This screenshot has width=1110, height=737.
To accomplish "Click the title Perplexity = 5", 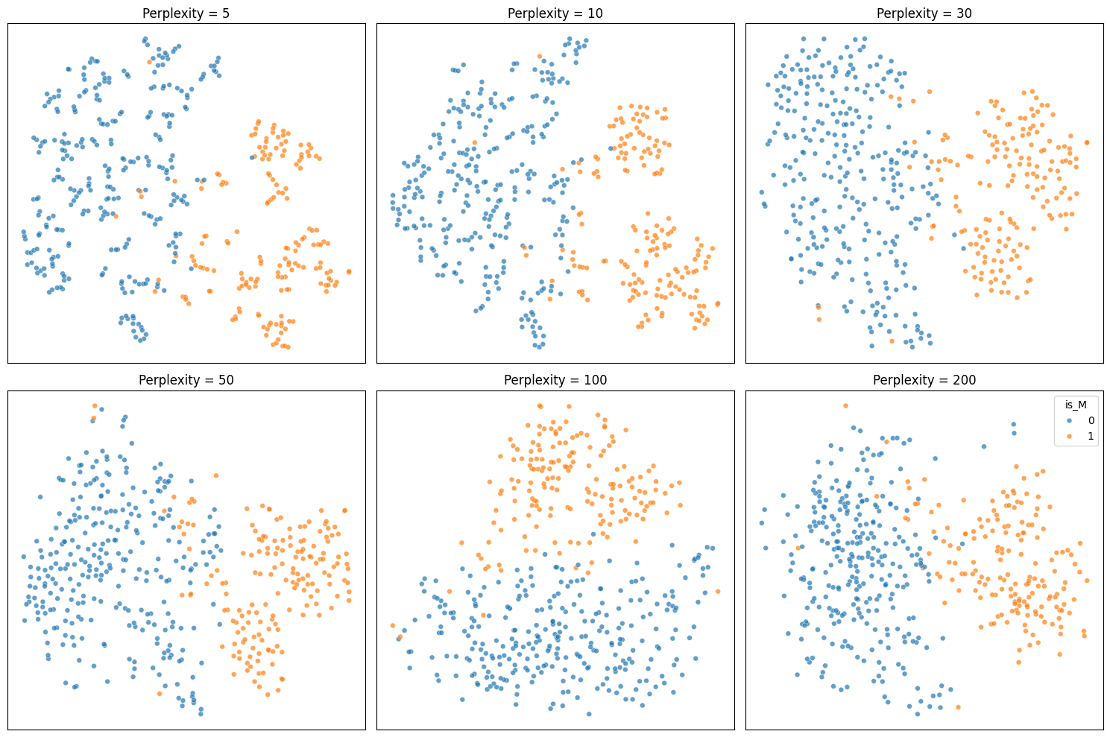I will click(186, 13).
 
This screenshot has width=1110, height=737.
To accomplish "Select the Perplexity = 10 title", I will click(555, 13).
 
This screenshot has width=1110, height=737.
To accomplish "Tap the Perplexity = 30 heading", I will click(924, 13).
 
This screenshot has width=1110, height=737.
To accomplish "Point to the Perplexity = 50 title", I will click(186, 380).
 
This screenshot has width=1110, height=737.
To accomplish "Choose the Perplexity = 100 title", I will click(555, 380).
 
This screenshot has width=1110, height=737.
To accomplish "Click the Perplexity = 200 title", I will click(924, 380).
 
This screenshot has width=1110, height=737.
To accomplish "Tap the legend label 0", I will click(1091, 421).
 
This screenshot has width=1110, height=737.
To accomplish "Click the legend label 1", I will click(1091, 436).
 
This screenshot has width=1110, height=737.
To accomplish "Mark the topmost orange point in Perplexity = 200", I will click(845, 406).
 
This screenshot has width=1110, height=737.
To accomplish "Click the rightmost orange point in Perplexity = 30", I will click(1087, 142).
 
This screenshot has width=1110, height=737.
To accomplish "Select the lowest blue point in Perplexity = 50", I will click(201, 714).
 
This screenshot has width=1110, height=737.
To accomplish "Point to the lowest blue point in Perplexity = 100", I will click(589, 714).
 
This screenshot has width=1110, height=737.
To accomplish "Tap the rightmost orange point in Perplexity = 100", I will click(717, 592).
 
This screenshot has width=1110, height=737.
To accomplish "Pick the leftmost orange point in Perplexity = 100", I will click(392, 625).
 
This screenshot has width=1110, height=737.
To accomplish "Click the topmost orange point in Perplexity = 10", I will click(540, 56).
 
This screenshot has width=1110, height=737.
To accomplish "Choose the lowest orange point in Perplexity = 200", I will click(957, 707).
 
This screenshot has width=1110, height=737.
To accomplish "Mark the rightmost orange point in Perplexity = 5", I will click(349, 271).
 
